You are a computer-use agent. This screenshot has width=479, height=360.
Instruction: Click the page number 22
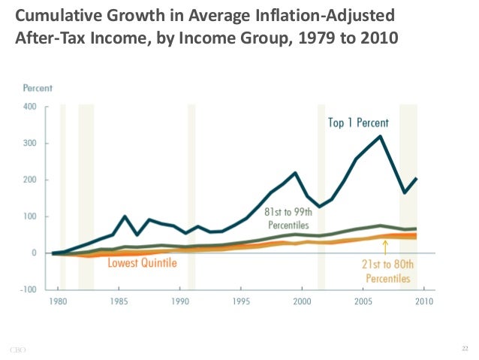(x=464, y=348)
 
